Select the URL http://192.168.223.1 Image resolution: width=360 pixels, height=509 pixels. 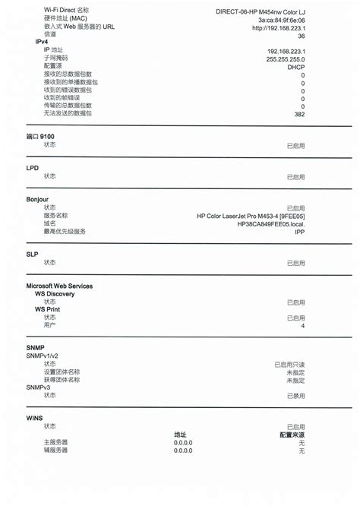(279, 27)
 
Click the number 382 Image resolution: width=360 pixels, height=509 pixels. (299, 114)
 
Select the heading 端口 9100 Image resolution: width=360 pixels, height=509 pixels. (40, 136)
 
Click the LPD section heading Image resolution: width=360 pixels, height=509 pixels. (32, 168)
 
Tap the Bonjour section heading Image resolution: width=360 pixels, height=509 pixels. (37, 199)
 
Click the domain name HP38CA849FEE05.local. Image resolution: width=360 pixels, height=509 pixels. (270, 224)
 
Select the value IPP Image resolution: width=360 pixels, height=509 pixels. (299, 232)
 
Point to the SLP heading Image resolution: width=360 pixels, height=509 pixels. (32, 254)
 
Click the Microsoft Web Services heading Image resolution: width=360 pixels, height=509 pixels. (59, 286)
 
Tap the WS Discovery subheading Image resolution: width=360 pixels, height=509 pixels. (55, 294)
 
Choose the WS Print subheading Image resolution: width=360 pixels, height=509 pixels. (48, 309)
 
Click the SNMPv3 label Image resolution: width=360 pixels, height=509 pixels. (41, 387)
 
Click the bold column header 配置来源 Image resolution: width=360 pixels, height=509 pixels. (292, 435)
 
